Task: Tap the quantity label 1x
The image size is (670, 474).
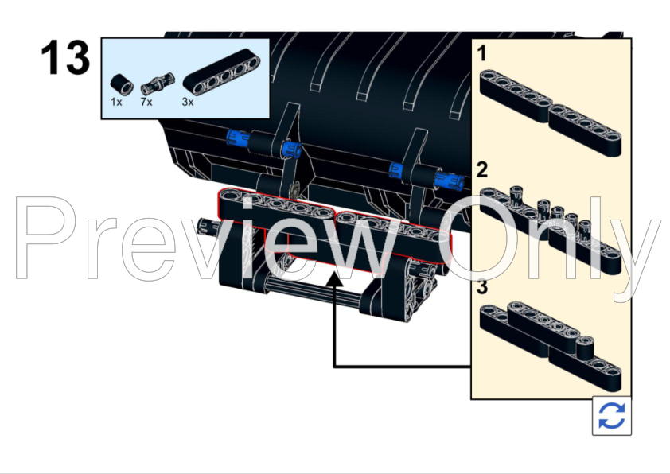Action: (x=116, y=103)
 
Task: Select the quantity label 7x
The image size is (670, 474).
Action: (x=146, y=103)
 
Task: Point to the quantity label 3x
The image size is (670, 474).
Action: (x=188, y=103)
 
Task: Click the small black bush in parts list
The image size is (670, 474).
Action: (x=120, y=83)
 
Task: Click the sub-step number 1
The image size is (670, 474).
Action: (x=482, y=54)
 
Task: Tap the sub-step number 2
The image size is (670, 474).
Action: (x=482, y=169)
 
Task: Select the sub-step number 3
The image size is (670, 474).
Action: (x=482, y=288)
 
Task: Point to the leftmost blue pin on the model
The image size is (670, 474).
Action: (x=236, y=138)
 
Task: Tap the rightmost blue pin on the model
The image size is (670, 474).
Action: (x=453, y=183)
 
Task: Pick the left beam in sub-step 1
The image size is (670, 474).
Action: (x=514, y=95)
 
